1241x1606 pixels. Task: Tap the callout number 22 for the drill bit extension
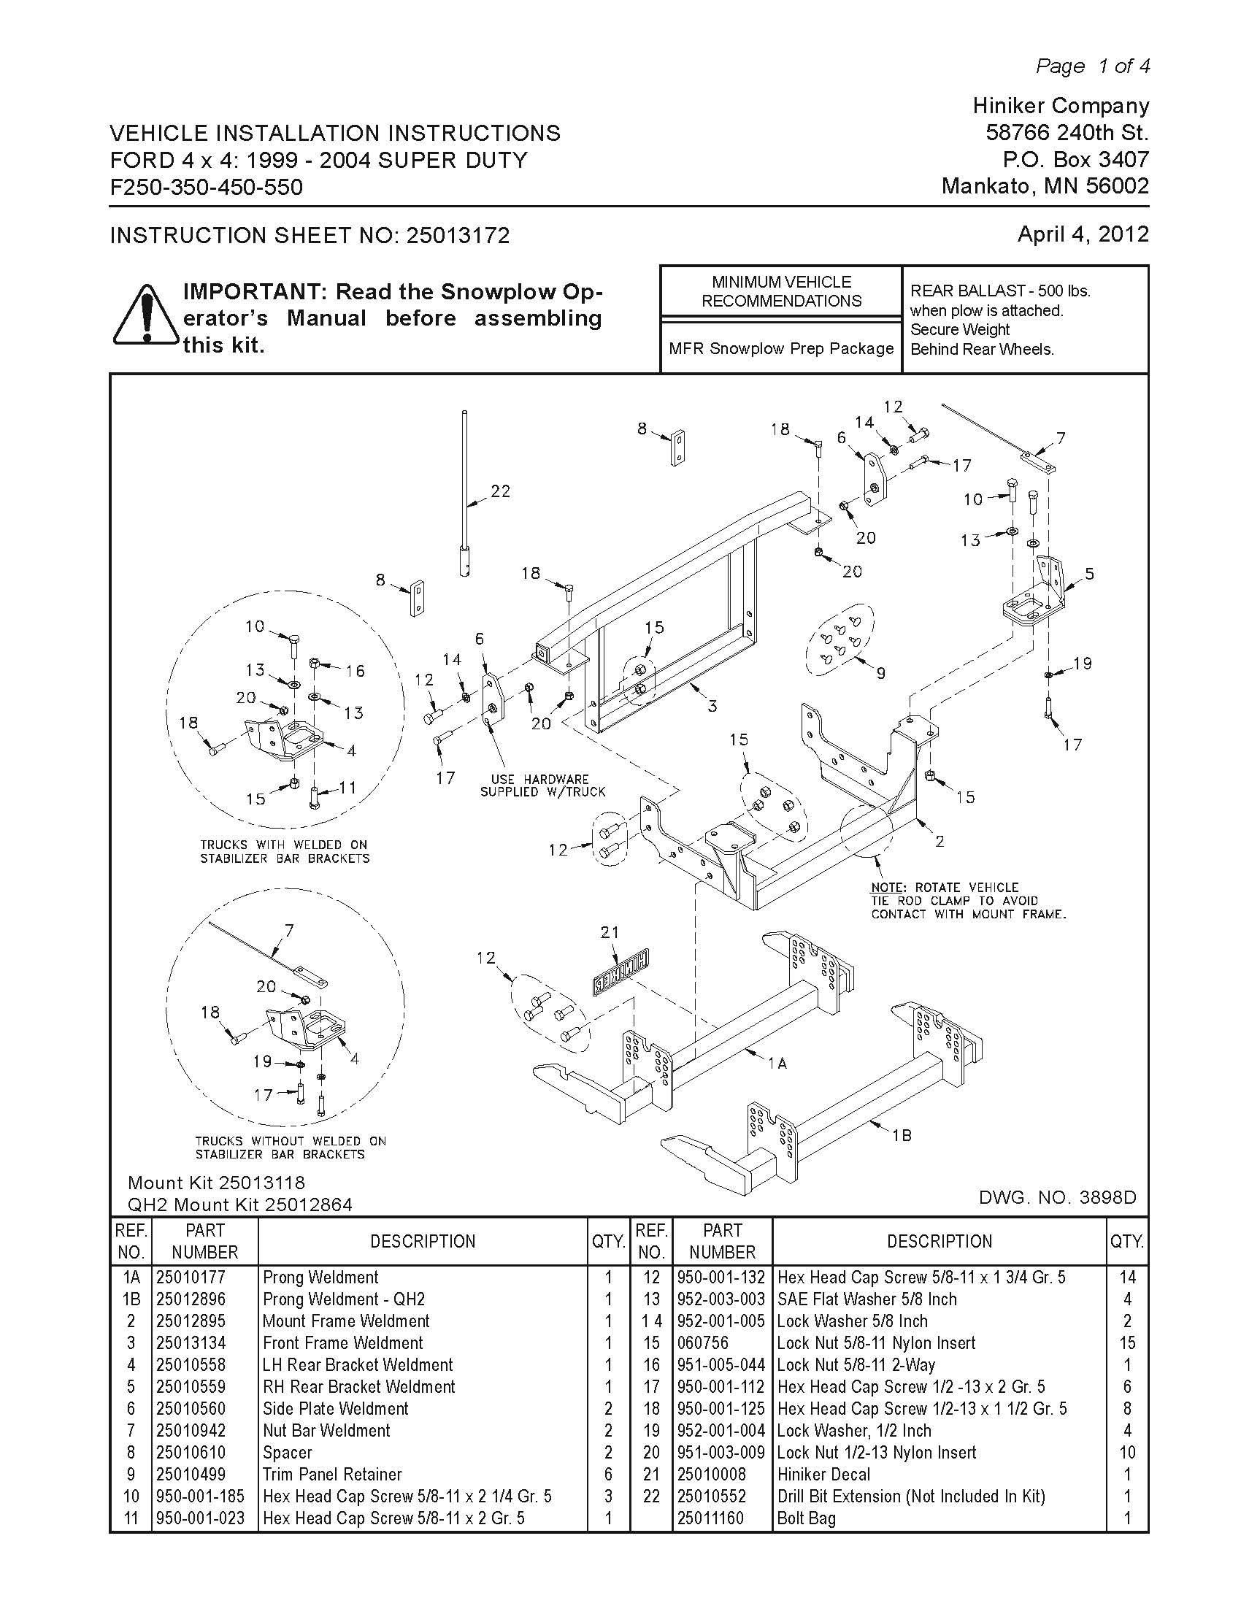click(501, 491)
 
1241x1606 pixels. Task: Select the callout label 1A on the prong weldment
click(777, 1063)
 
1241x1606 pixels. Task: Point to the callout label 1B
click(902, 1135)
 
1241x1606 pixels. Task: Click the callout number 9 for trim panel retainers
click(881, 672)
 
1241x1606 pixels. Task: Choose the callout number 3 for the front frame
click(712, 706)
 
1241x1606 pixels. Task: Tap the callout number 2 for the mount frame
click(940, 840)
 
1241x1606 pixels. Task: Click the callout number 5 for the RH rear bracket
click(1089, 574)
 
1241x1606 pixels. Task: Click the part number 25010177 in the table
click(191, 1277)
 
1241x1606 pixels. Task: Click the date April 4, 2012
click(1082, 234)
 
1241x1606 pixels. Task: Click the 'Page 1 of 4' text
click(1093, 66)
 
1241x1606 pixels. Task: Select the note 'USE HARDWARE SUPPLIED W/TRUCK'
click(542, 785)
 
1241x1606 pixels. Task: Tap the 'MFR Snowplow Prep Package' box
click(781, 348)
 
